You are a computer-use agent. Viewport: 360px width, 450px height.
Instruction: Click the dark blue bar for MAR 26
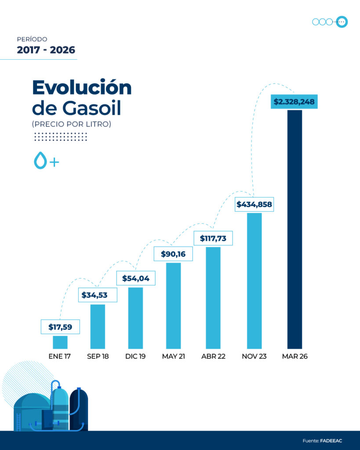tap(295, 229)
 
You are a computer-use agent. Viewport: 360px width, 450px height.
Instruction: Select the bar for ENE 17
tap(60, 342)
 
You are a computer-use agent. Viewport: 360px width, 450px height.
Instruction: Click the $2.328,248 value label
tap(294, 102)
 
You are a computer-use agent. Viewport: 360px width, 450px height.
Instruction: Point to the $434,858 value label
tap(254, 204)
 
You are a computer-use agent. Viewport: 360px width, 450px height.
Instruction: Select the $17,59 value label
tap(60, 327)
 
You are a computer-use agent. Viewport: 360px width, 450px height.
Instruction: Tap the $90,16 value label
tap(173, 254)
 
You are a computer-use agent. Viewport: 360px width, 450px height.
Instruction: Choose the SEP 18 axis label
tap(98, 356)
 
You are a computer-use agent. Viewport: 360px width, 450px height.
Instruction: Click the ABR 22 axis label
tap(213, 356)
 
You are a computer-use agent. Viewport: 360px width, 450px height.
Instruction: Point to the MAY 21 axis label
tap(173, 356)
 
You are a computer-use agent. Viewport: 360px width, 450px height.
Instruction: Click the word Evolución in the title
tap(82, 87)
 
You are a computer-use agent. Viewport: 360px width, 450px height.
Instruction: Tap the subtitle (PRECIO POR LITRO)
tap(72, 124)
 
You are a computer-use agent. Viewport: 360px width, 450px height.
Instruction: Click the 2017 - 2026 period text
tap(46, 50)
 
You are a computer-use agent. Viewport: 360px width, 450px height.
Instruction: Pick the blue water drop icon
tap(40, 161)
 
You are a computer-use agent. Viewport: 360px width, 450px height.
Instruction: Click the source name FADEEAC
tap(331, 441)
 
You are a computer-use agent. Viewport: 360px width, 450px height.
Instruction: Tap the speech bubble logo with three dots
tap(342, 22)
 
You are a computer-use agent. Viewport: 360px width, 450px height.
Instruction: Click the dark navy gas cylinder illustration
tap(79, 409)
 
